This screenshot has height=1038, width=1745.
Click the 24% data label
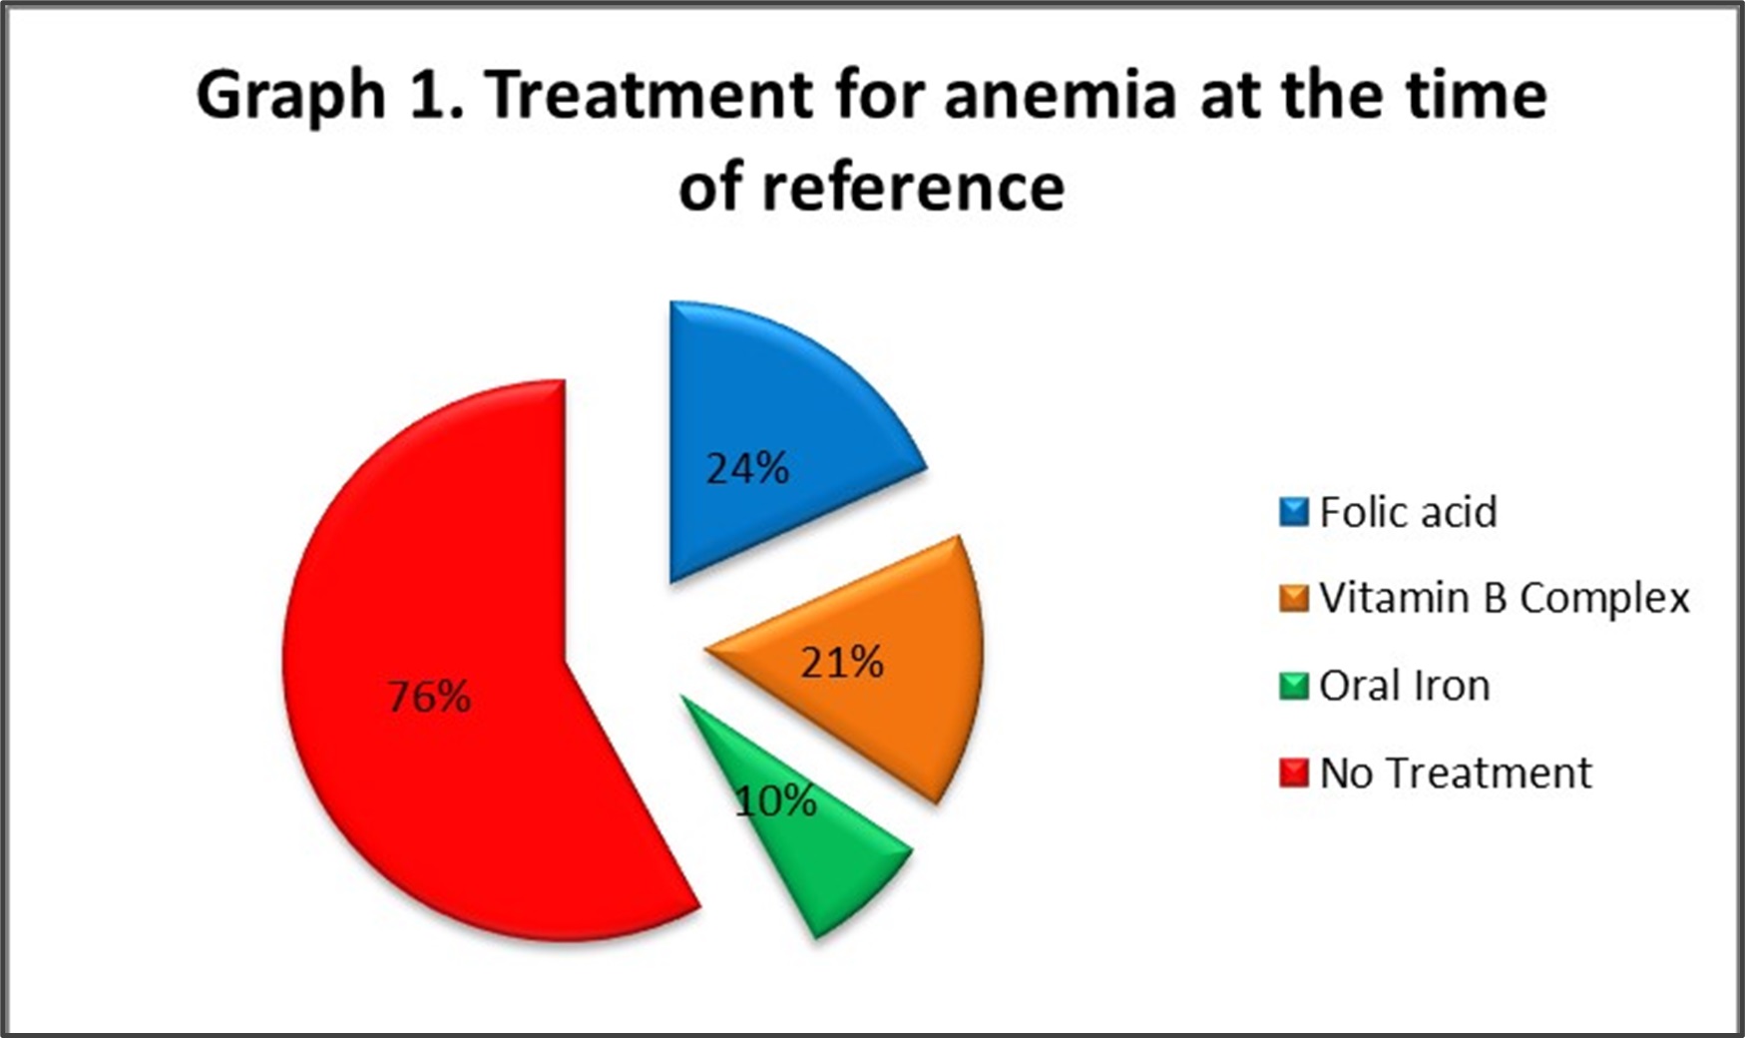pos(747,468)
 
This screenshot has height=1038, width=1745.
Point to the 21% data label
pos(842,662)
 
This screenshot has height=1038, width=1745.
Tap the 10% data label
pos(775,800)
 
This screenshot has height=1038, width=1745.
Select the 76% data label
pos(429,697)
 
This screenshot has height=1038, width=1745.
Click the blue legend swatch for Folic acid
pos(1294,512)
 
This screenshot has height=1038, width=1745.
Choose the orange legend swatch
pos(1294,599)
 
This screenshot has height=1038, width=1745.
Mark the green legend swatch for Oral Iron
pos(1294,687)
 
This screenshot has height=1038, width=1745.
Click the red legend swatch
pos(1294,774)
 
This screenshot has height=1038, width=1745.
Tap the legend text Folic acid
pos(1408,512)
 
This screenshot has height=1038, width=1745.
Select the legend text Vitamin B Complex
pos(1505,599)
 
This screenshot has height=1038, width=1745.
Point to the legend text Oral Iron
pos(1405,686)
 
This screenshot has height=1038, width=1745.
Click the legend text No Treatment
pos(1456,774)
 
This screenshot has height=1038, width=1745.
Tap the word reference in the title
pos(913,188)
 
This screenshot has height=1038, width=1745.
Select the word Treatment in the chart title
pos(650,96)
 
